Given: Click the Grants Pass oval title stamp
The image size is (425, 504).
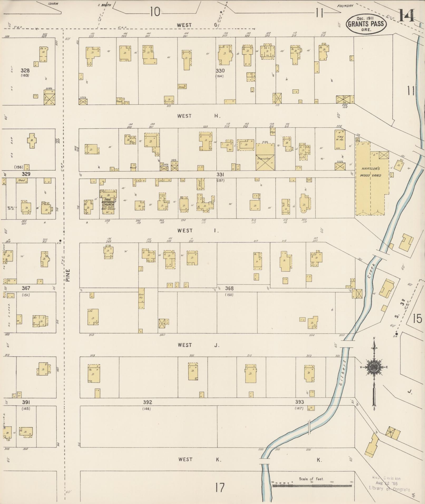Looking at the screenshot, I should click(366, 23).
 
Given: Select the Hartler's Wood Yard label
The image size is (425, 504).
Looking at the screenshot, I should click(371, 172).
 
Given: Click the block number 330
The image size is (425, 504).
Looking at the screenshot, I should click(220, 71).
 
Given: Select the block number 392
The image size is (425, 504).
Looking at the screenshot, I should click(148, 409).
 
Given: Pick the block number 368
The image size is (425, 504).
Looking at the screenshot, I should click(229, 288).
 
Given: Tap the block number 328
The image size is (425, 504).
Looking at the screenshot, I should click(26, 70).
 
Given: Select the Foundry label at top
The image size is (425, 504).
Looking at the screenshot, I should click(345, 6).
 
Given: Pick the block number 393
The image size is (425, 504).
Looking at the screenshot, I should click(299, 409).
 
